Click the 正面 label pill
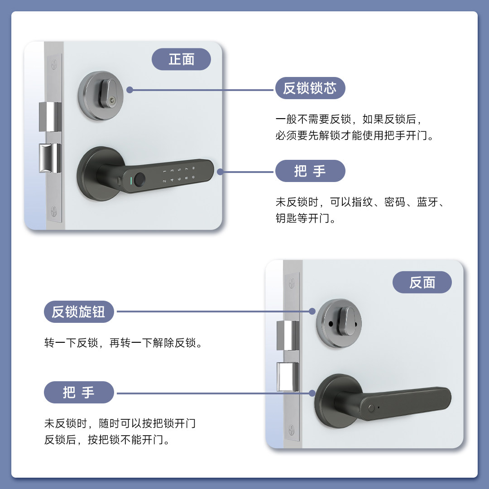(181, 59)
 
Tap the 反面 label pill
(422, 283)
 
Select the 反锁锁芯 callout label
(310, 88)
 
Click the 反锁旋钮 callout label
(79, 312)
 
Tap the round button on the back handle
(371, 408)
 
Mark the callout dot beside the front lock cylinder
(129, 90)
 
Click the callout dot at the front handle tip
(220, 172)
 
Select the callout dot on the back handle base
(312, 393)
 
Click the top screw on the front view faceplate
(54, 63)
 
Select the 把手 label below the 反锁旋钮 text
(79, 392)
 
